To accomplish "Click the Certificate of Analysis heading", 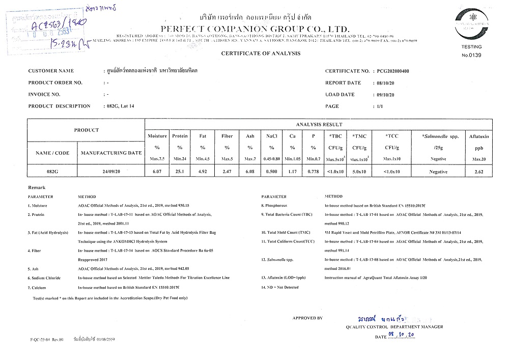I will [x=261, y=53].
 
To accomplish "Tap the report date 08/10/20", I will [x=383, y=83].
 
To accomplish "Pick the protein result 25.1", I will [x=180, y=172].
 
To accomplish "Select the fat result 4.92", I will [x=203, y=172].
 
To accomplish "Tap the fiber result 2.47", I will [x=227, y=172].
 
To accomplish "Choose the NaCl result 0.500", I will [x=272, y=172].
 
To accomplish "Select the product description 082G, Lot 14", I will [x=118, y=106].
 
